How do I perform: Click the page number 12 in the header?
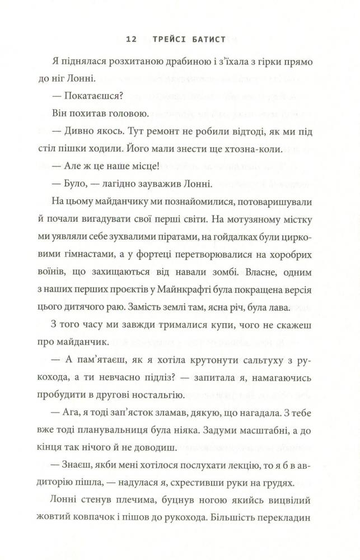pyautogui.click(x=131, y=40)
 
